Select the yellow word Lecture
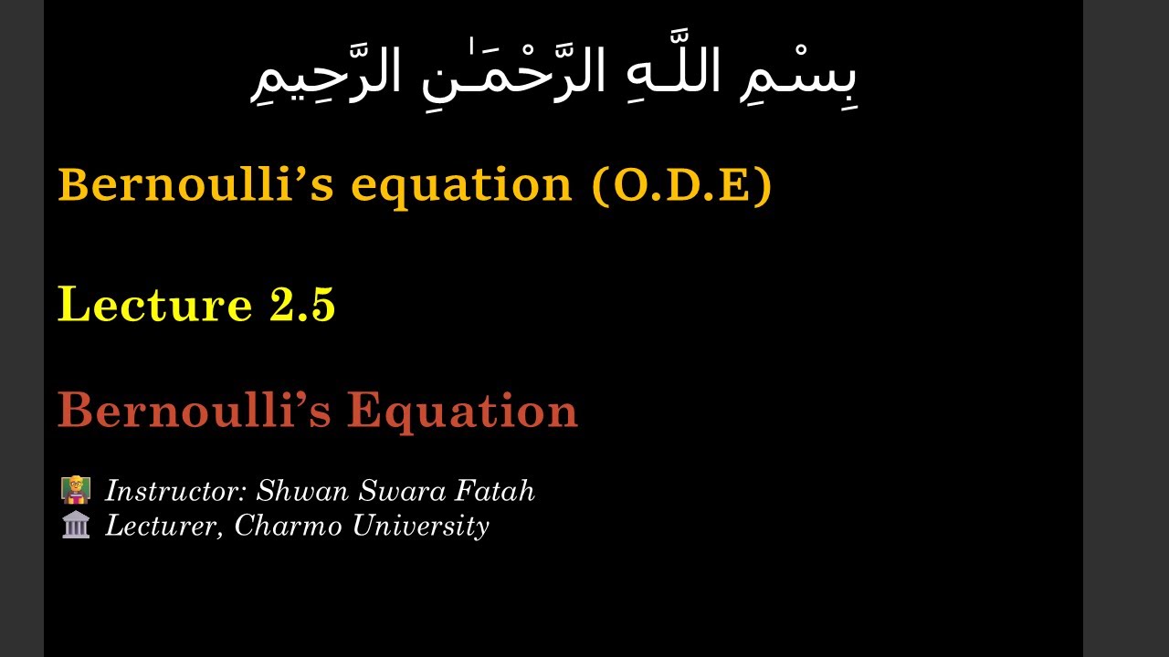coord(154,304)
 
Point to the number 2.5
coord(302,304)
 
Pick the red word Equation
coord(462,412)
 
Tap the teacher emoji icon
coord(76,490)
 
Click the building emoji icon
coord(76,525)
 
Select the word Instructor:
coord(176,491)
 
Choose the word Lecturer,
coord(164,526)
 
